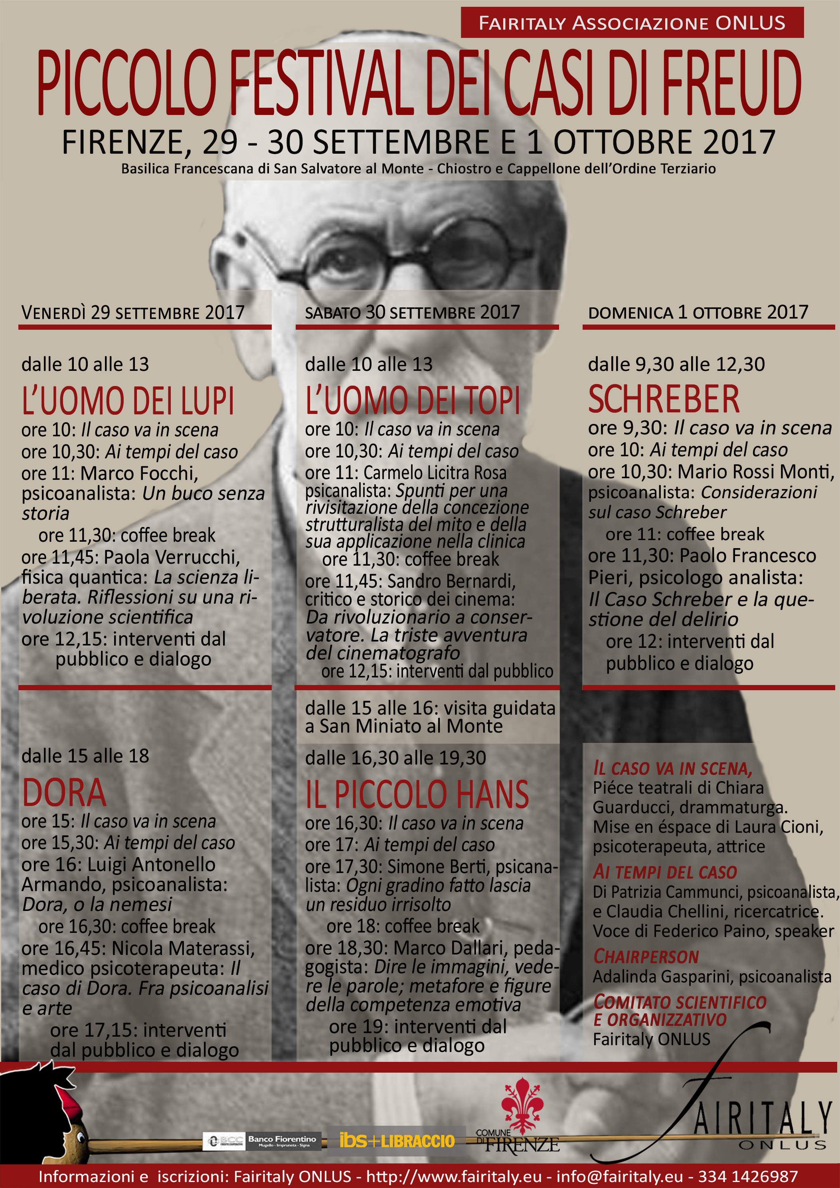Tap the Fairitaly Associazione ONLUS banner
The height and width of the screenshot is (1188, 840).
[632, 23]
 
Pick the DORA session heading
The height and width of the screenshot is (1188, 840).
[64, 793]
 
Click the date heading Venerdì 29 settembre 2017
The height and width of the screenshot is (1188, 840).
[133, 313]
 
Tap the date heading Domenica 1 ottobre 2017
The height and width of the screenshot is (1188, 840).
[698, 313]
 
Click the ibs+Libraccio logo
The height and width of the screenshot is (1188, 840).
[397, 1140]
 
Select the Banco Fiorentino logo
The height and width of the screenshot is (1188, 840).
[263, 1141]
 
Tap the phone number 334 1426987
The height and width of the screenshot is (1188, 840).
[748, 1176]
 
